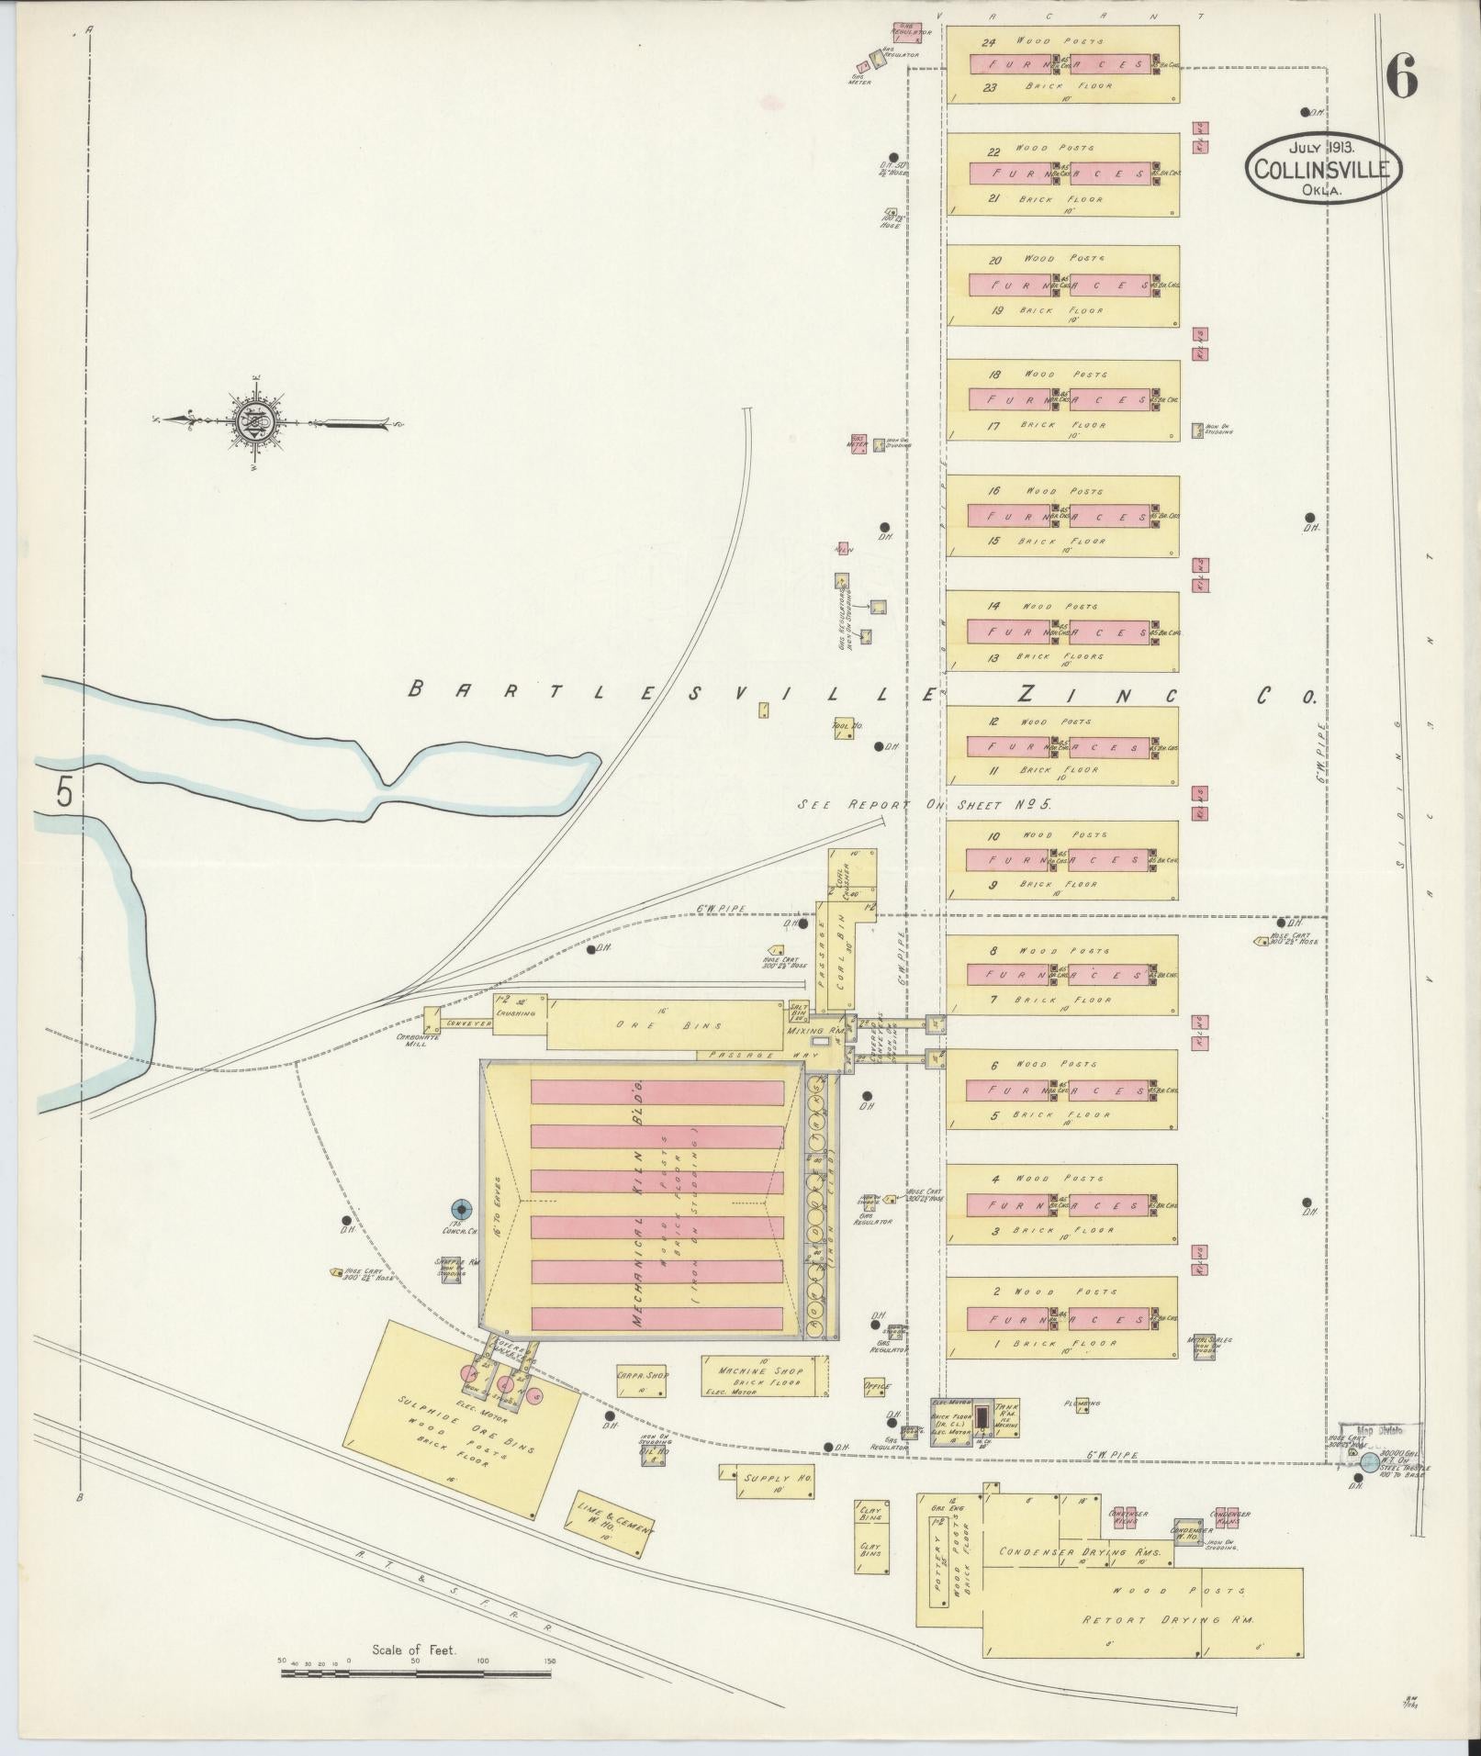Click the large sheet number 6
[x=1402, y=77]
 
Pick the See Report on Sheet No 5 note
[x=923, y=803]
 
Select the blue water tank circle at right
[x=1368, y=1464]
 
